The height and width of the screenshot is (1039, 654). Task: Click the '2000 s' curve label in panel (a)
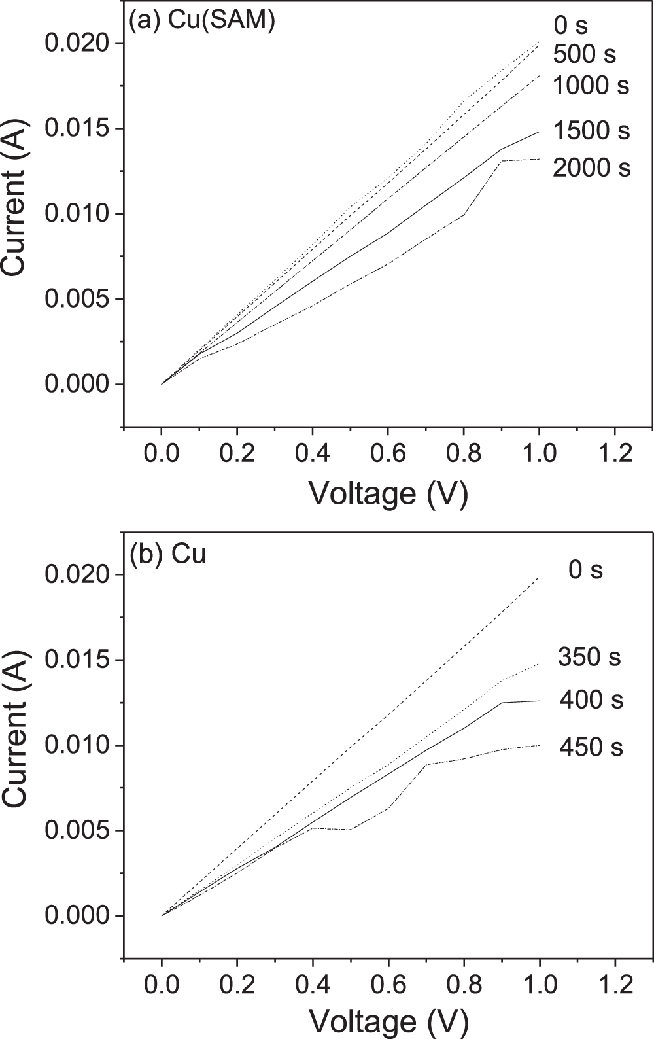pyautogui.click(x=591, y=168)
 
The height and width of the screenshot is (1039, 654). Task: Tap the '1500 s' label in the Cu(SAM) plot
pyautogui.click(x=591, y=131)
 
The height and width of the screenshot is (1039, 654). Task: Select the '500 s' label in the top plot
pyautogui.click(x=584, y=54)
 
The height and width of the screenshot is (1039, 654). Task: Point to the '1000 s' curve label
pyautogui.click(x=591, y=85)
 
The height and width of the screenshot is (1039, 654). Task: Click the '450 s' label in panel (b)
pyautogui.click(x=591, y=747)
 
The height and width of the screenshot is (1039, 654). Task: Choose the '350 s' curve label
pyautogui.click(x=589, y=657)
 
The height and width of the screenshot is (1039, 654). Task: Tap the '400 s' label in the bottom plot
pyautogui.click(x=591, y=700)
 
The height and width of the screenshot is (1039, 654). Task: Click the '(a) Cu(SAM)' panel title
pyautogui.click(x=202, y=21)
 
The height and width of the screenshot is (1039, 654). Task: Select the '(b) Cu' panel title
pyautogui.click(x=168, y=555)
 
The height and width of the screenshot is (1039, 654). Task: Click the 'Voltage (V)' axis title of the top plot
pyautogui.click(x=388, y=493)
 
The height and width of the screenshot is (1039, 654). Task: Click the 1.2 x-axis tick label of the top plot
pyautogui.click(x=614, y=453)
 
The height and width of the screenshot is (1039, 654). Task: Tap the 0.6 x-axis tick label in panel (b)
pyautogui.click(x=388, y=985)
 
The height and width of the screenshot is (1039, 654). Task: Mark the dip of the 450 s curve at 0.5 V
pyautogui.click(x=351, y=830)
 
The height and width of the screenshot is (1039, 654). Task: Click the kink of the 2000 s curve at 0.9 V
pyautogui.click(x=501, y=161)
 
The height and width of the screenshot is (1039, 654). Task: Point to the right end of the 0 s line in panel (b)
pyautogui.click(x=539, y=578)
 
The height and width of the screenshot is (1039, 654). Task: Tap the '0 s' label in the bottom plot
pyautogui.click(x=585, y=570)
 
